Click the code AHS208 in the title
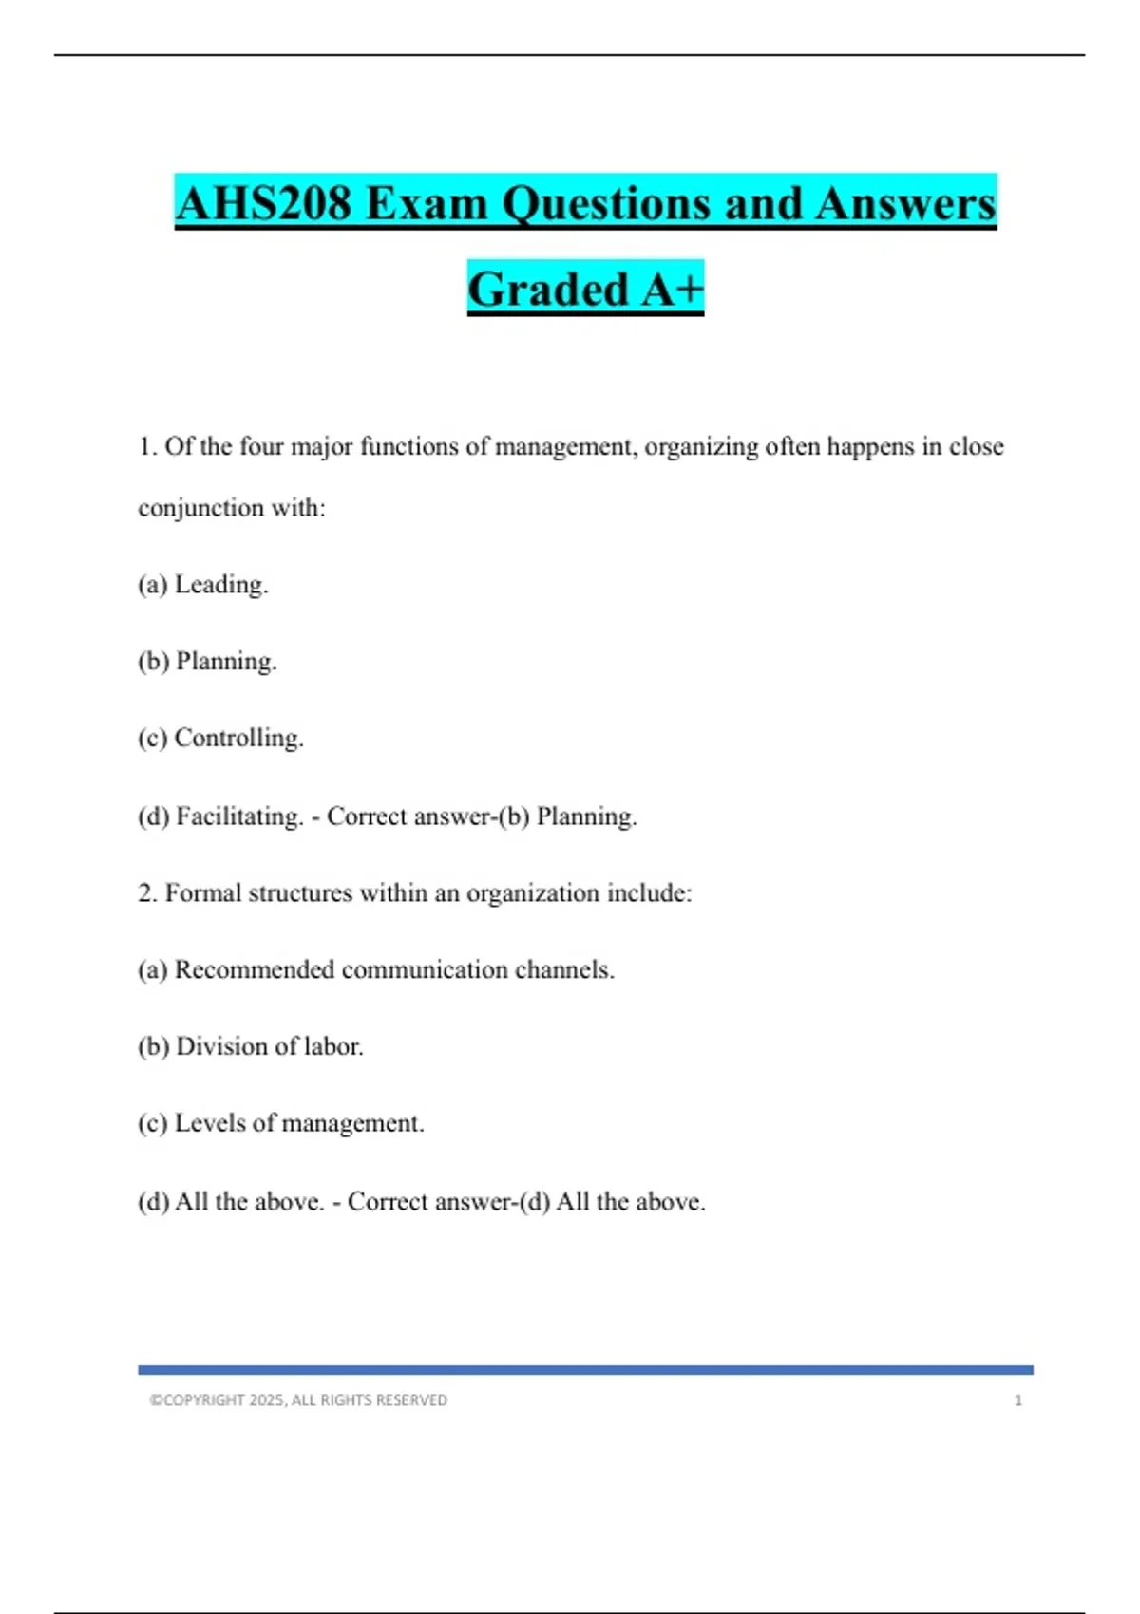(x=263, y=203)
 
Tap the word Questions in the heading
(x=605, y=203)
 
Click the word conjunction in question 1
(x=200, y=508)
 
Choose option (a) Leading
(x=203, y=584)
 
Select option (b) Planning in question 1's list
(x=207, y=661)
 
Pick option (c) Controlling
(x=220, y=738)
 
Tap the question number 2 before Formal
(x=146, y=892)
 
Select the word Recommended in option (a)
(x=254, y=969)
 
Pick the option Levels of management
(x=281, y=1123)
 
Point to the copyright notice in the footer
(x=298, y=1400)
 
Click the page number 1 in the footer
(x=1018, y=1400)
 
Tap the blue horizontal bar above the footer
(x=585, y=1370)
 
